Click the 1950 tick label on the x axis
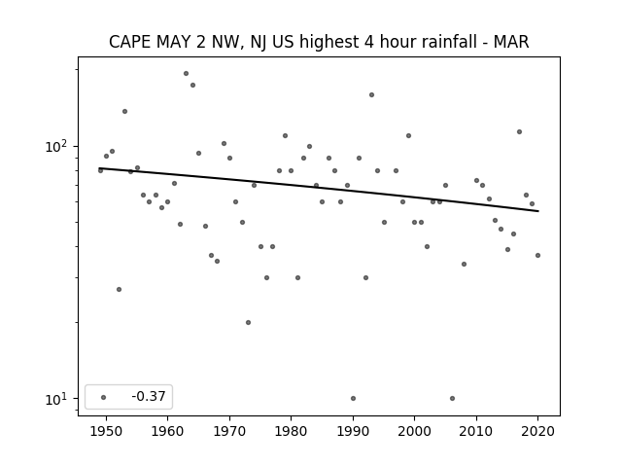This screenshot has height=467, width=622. [x=106, y=431]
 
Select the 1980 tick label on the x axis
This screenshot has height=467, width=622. [x=291, y=431]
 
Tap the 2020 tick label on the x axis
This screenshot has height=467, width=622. [x=537, y=431]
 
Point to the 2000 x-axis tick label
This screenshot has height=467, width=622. [x=415, y=431]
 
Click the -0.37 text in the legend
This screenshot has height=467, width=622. [x=149, y=396]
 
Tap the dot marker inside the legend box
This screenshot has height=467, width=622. [x=104, y=397]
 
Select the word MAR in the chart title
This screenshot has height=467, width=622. [x=511, y=42]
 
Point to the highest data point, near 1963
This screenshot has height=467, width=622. [x=186, y=74]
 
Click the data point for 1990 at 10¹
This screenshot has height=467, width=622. [x=353, y=398]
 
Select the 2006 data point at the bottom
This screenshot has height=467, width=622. [x=452, y=398]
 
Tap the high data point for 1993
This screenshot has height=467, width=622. [x=371, y=95]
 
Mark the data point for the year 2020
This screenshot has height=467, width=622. [x=537, y=255]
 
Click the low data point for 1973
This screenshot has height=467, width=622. [x=249, y=322]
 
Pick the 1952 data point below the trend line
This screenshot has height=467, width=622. [x=119, y=290]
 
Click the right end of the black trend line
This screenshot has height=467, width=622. [x=538, y=211]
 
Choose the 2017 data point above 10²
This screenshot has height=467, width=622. [x=519, y=132]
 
